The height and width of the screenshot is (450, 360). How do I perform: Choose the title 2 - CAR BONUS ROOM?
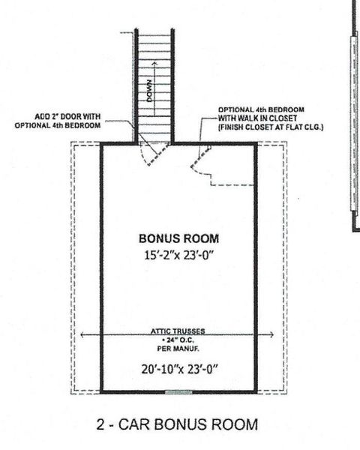point(177,424)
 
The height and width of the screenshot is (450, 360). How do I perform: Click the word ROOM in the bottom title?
point(232,424)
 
